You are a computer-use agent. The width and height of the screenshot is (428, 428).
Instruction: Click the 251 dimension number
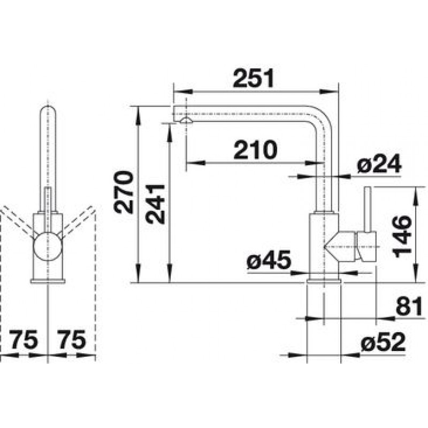(x=253, y=78)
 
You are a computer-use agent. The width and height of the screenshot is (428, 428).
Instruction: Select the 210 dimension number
(x=255, y=150)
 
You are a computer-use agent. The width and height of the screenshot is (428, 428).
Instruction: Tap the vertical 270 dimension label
(x=124, y=192)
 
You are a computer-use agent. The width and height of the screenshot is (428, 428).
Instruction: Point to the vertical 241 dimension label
(x=155, y=204)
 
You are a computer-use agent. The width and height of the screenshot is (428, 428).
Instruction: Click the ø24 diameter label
(x=379, y=164)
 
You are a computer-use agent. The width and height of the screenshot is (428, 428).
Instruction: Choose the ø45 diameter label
(x=269, y=260)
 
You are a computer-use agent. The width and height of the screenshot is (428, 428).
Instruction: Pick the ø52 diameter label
(x=383, y=342)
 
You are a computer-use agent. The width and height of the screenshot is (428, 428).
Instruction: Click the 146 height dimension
(x=402, y=236)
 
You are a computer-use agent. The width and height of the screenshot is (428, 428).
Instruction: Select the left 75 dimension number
(x=24, y=340)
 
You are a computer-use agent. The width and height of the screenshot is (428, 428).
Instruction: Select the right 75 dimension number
(x=72, y=340)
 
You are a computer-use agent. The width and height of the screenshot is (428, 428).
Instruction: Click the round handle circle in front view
(x=48, y=246)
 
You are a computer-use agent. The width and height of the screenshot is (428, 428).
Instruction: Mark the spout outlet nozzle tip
(x=186, y=120)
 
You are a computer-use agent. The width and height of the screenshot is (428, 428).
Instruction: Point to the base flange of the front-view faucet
(x=48, y=281)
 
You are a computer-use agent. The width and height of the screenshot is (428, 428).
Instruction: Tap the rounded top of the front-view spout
(x=48, y=109)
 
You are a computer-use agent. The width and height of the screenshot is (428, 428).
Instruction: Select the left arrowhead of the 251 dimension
(x=184, y=92)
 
